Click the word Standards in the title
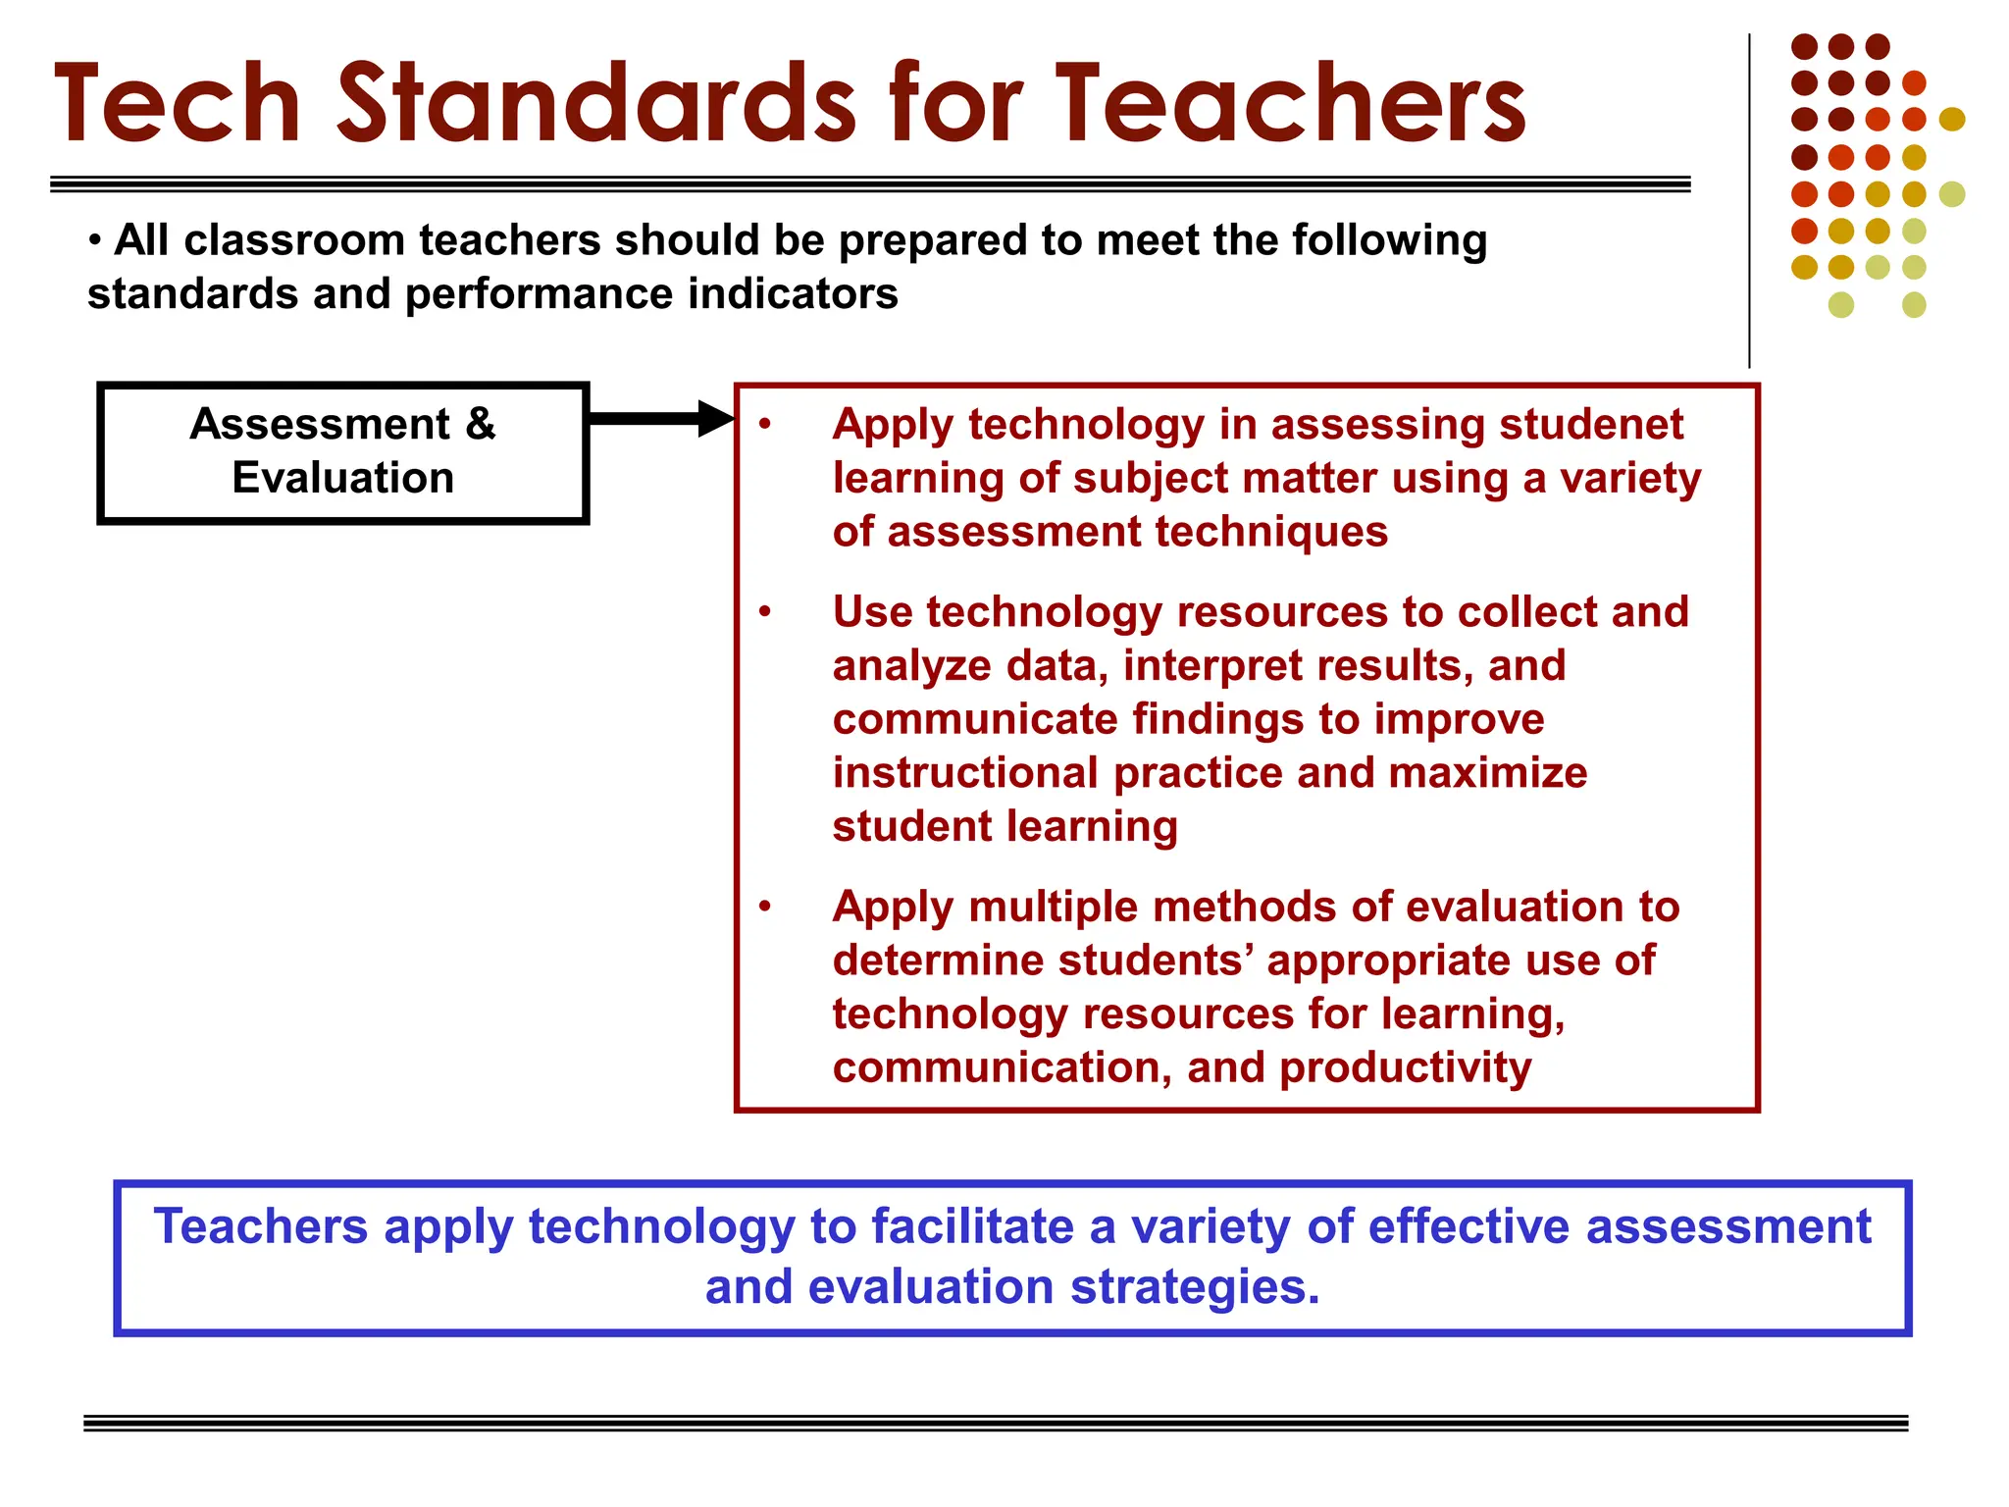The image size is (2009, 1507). click(x=597, y=104)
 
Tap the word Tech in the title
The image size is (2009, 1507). click(x=178, y=104)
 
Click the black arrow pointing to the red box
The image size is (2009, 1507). click(x=661, y=419)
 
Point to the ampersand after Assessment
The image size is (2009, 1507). click(x=481, y=424)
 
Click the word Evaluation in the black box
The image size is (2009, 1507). click(x=343, y=478)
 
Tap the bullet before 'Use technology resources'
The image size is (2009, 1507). click(x=765, y=612)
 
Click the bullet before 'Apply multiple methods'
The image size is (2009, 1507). click(x=765, y=907)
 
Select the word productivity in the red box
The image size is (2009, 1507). click(x=1405, y=1068)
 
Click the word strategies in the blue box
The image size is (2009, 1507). click(x=1195, y=1287)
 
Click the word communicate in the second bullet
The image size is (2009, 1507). click(x=975, y=719)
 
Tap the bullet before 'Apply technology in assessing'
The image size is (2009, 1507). click(x=765, y=425)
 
